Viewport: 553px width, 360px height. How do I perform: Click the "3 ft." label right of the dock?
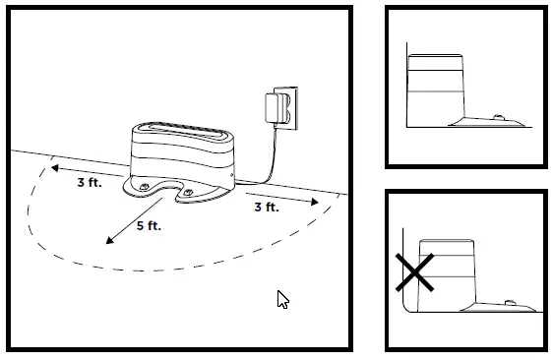(266, 208)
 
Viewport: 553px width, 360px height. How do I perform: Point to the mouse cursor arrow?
(283, 299)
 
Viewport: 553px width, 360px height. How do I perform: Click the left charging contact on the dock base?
(147, 185)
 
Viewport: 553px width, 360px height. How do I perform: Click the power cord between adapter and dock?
(259, 157)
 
